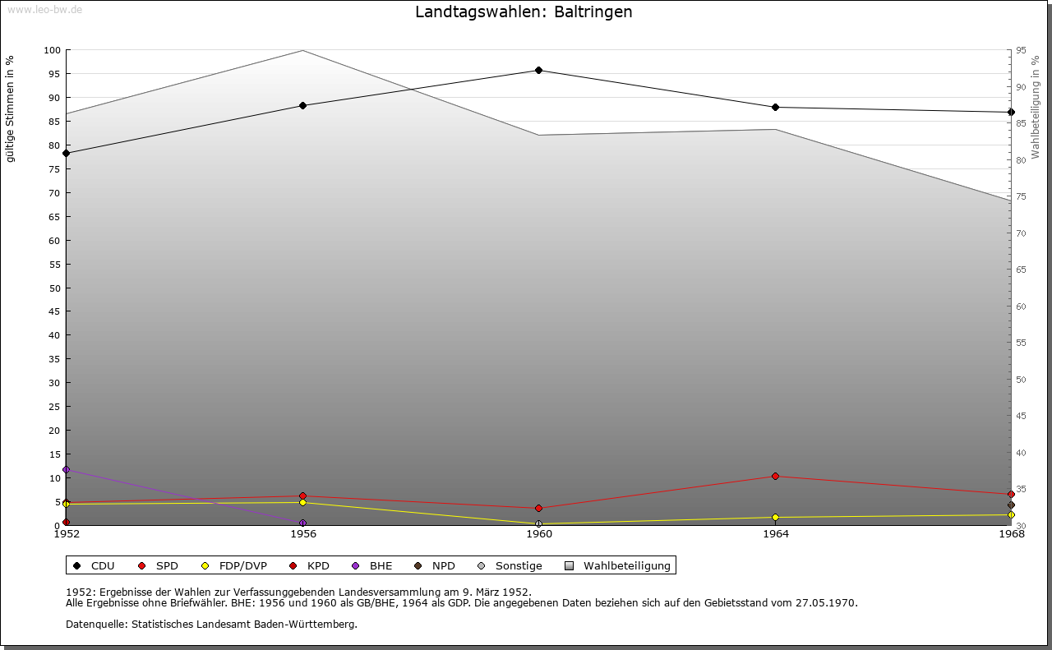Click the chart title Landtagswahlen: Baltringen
524,12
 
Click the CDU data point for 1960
538,71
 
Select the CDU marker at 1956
302,105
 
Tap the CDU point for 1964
775,108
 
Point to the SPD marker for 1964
775,477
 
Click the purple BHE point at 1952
66,470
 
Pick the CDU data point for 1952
66,153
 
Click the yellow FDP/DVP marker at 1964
775,518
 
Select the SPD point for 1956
302,496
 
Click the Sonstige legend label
518,566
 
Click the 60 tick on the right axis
1021,307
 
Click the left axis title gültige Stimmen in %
11,109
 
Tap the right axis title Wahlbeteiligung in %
1036,108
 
